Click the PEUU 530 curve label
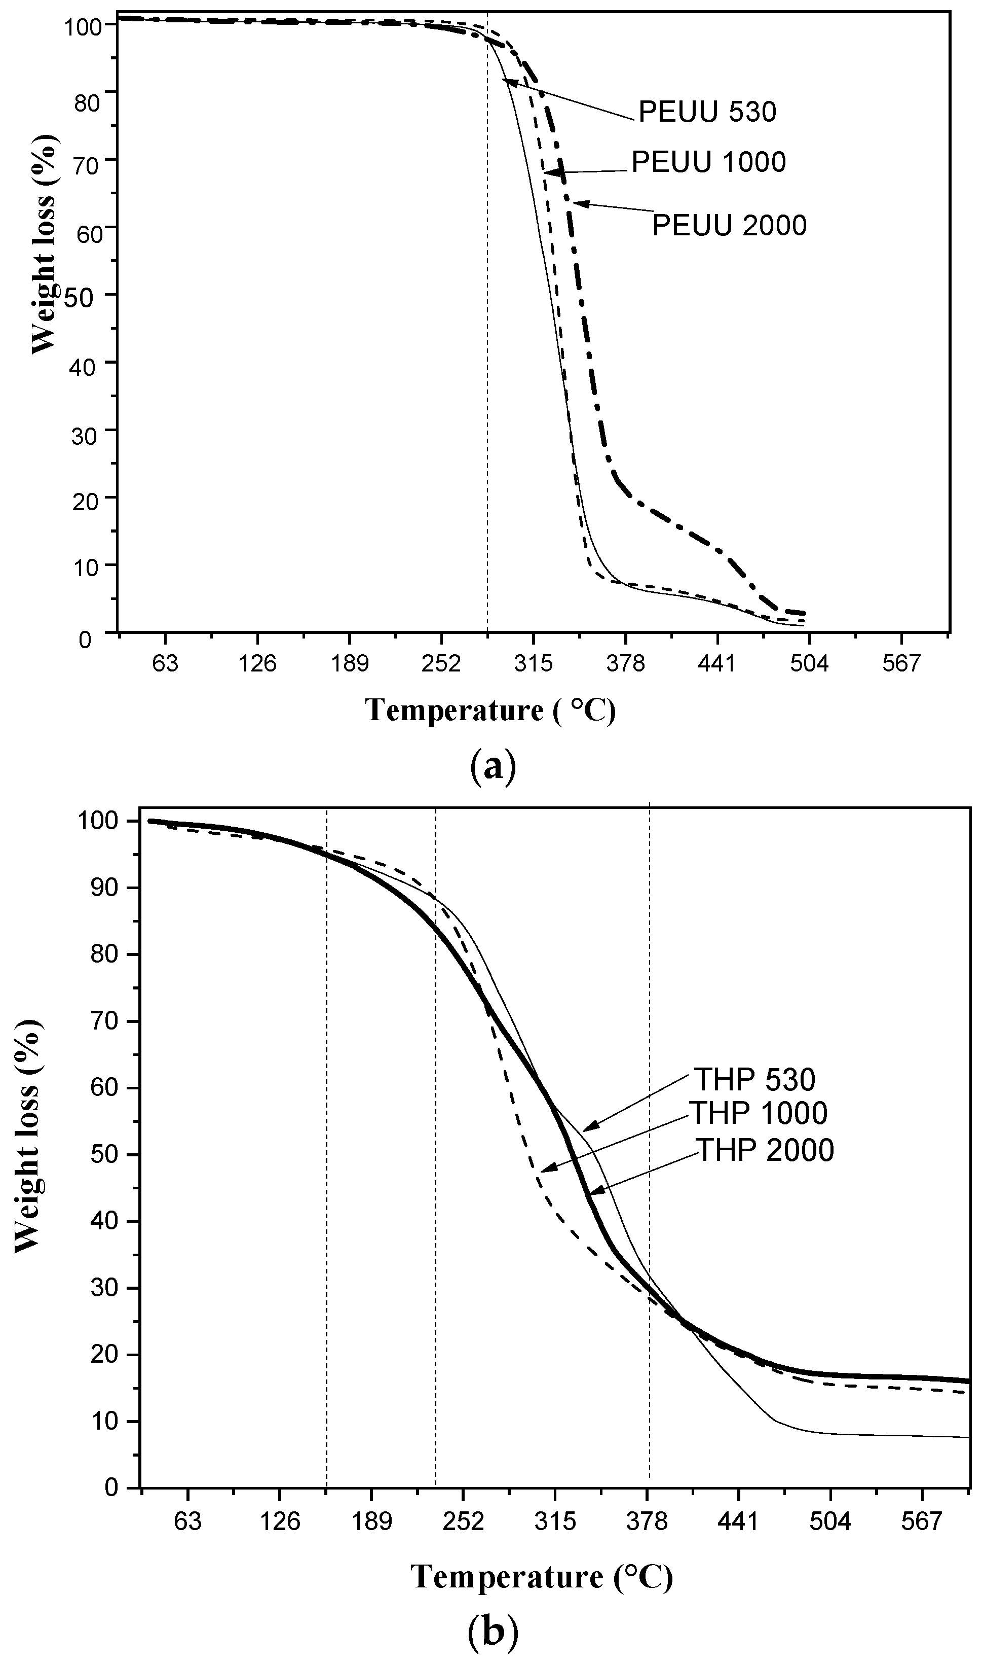click(x=707, y=113)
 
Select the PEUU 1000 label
click(x=708, y=162)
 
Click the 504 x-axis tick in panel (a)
click(x=809, y=663)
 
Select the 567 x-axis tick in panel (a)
click(x=901, y=663)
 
